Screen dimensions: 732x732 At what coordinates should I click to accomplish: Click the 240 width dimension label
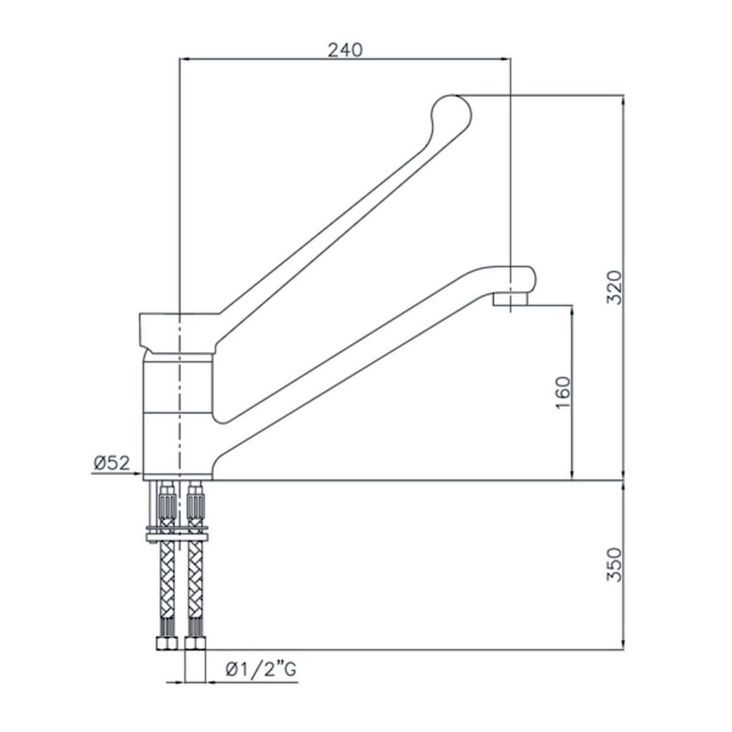tap(345, 49)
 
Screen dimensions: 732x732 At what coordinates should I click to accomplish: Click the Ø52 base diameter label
tap(112, 463)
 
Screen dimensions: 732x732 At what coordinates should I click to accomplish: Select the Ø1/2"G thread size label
tap(261, 670)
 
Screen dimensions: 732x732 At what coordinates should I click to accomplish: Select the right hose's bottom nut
tap(196, 644)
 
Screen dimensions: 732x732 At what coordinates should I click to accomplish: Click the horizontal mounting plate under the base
tap(178, 534)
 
